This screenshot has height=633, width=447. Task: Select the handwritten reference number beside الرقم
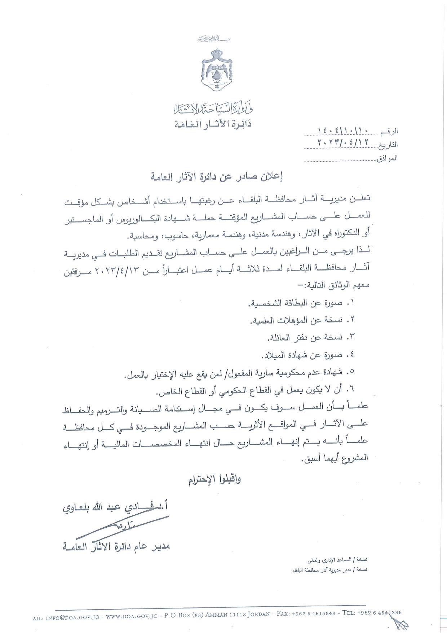(x=342, y=130)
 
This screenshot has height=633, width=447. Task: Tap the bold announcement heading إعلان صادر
(x=217, y=177)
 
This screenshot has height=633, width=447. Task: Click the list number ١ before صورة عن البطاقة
(x=351, y=302)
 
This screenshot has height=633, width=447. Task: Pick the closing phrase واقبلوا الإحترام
(x=214, y=480)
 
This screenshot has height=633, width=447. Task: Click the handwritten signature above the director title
(x=119, y=527)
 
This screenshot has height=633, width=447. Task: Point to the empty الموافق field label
(x=387, y=158)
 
